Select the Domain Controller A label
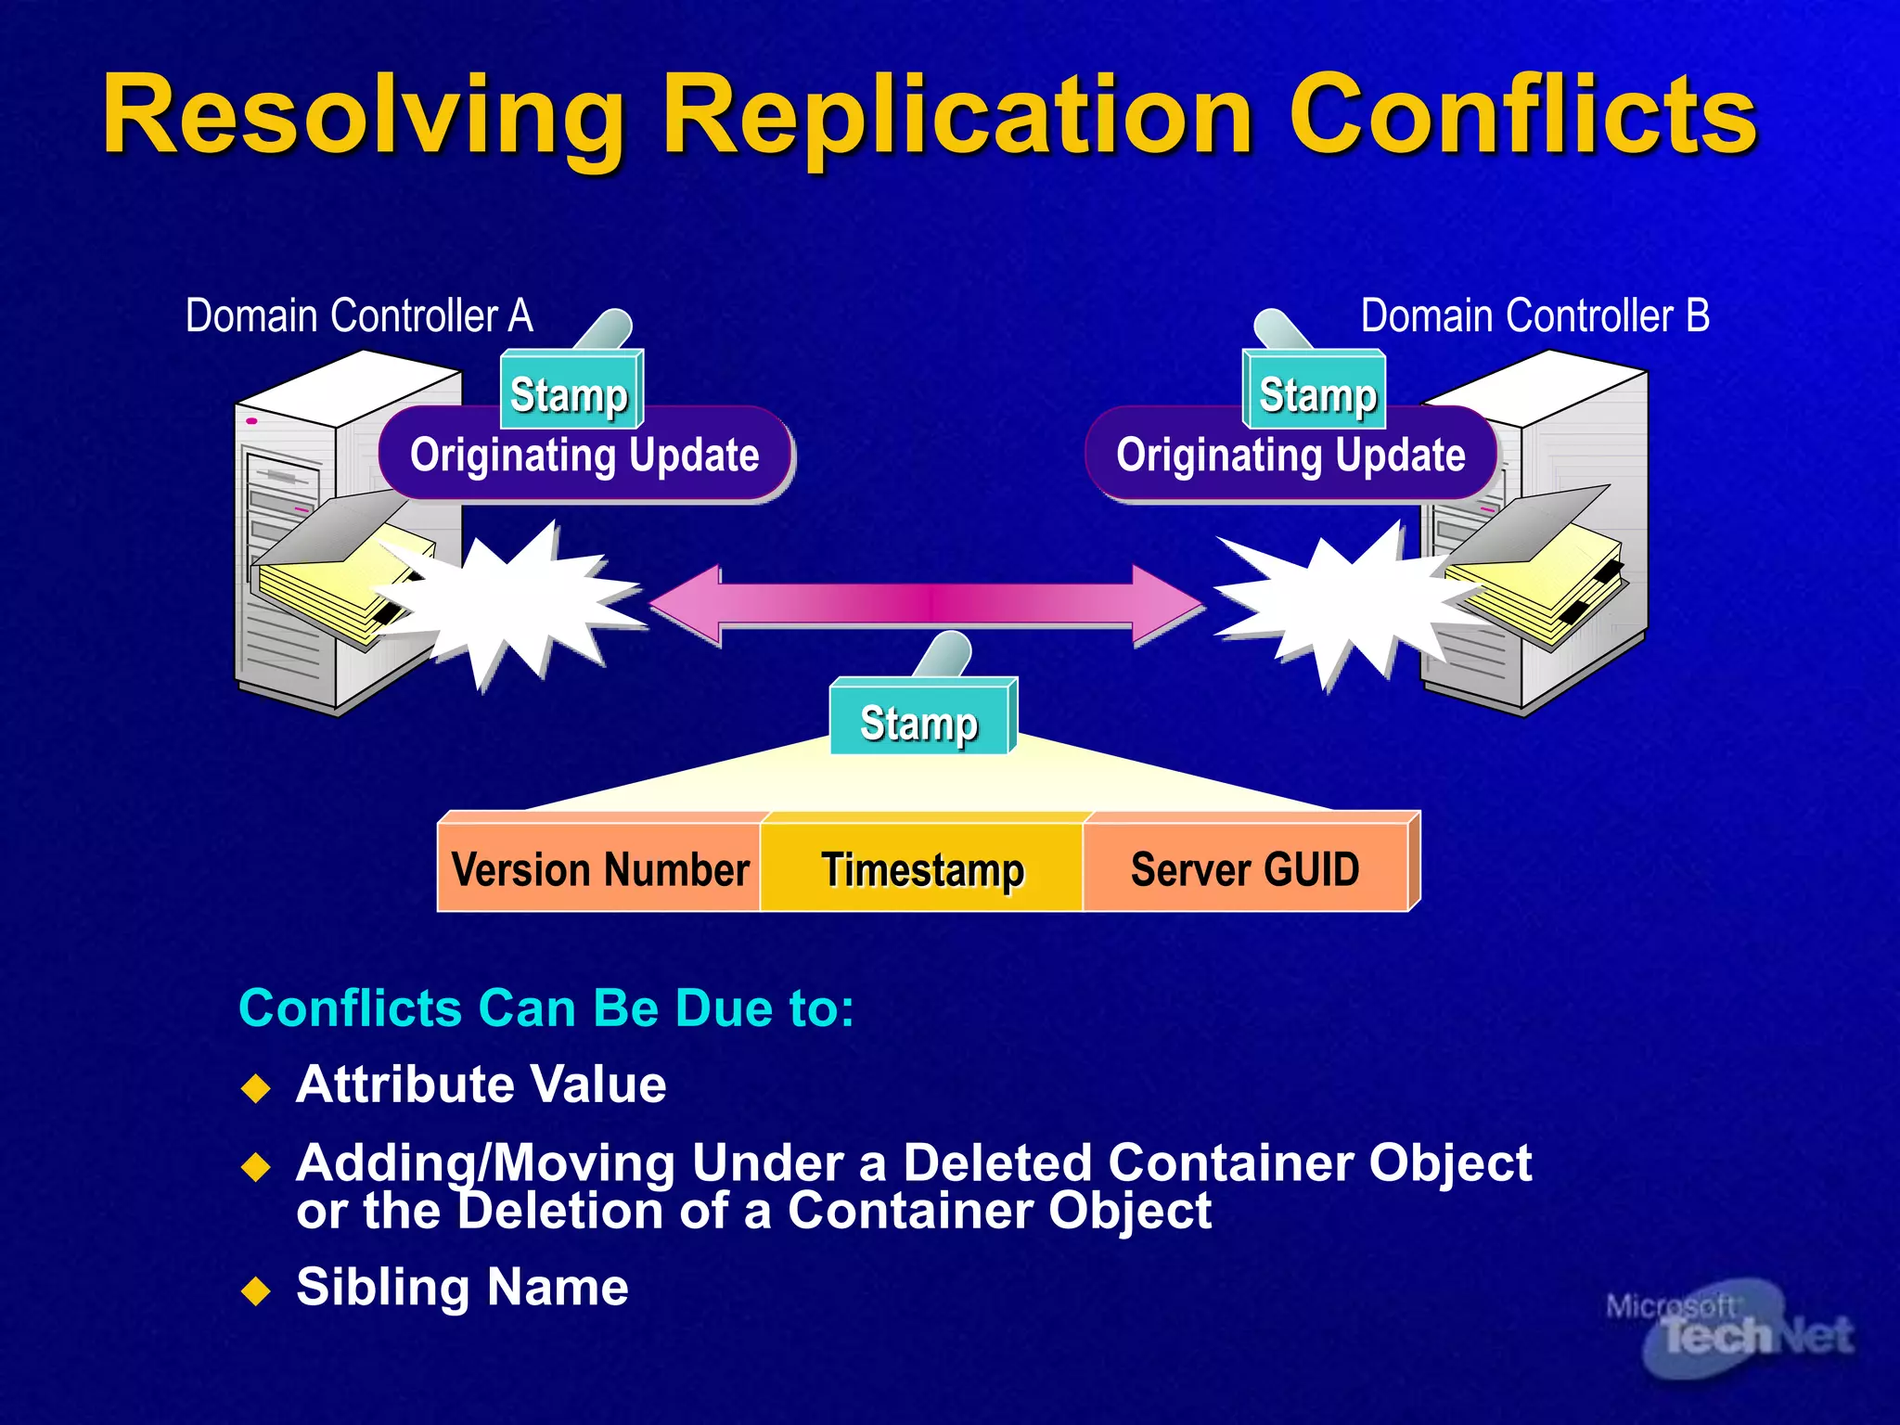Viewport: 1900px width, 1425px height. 359,316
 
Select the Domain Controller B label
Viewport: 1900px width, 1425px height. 1534,316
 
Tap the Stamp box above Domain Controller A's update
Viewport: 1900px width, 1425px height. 571,393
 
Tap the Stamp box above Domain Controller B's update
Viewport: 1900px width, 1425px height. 1316,393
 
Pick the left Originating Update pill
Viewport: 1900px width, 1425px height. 584,456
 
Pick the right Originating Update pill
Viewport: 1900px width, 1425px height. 1290,456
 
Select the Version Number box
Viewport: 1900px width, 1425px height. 600,869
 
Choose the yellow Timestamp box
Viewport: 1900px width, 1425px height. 922,869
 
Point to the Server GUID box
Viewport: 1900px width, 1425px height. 1245,869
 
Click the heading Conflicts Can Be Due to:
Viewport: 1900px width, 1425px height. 546,1008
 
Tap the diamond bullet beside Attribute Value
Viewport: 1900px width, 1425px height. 255,1087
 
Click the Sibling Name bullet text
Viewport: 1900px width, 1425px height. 462,1287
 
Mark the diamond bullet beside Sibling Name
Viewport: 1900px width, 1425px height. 255,1290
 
